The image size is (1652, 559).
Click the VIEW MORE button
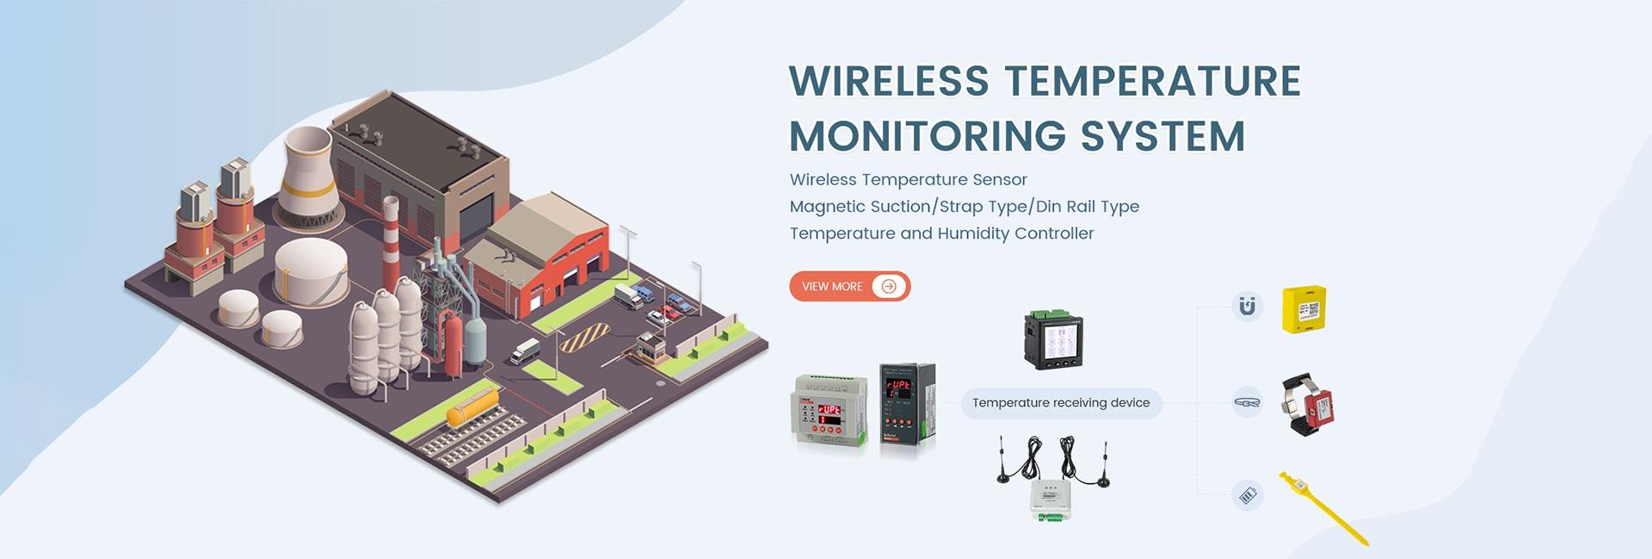(848, 287)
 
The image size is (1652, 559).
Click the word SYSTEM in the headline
(1162, 136)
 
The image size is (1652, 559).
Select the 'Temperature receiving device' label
(1060, 403)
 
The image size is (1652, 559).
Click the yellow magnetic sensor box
(1304, 308)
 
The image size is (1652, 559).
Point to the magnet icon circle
(1247, 306)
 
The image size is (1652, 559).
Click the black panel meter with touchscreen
(1053, 339)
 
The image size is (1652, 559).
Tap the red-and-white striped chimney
(391, 245)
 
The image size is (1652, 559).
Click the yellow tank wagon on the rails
(472, 407)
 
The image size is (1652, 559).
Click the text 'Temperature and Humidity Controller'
(941, 233)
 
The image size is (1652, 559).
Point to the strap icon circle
(1247, 402)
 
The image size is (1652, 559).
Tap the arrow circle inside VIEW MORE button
(889, 287)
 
